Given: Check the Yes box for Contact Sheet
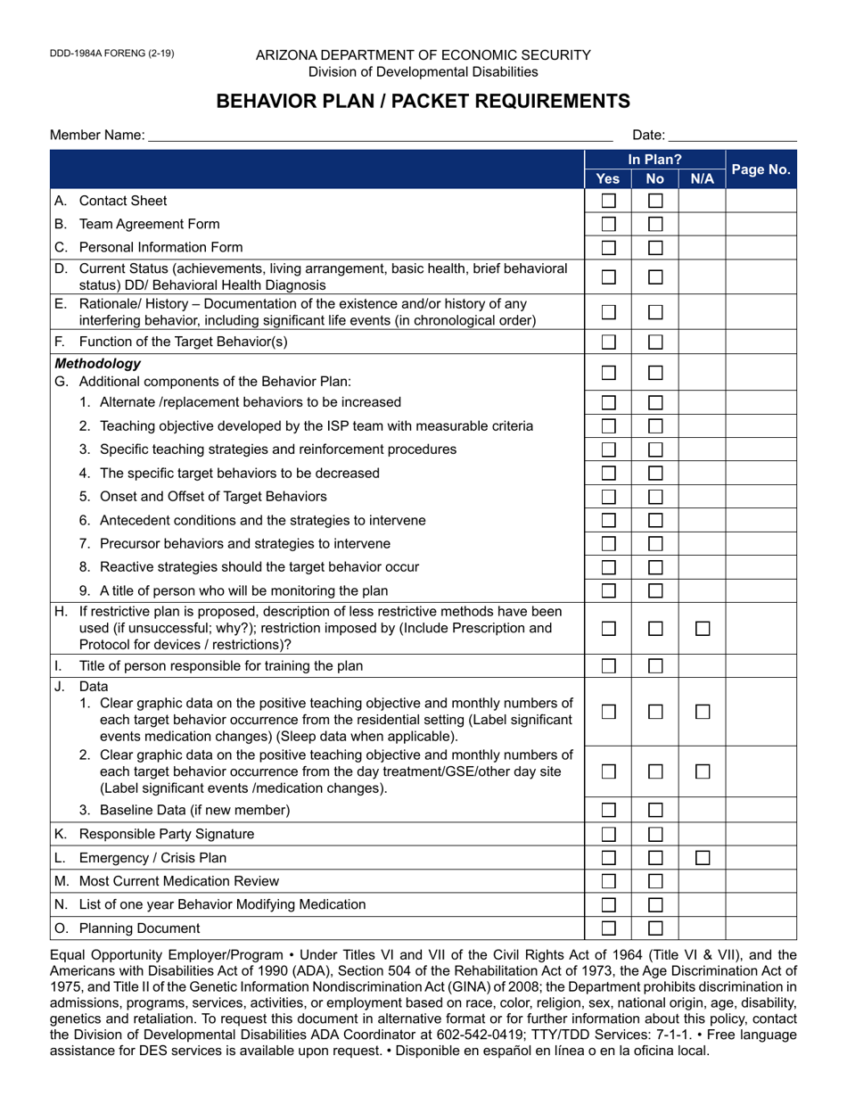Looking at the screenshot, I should coord(608,201).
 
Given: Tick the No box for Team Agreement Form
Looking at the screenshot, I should coord(655,224).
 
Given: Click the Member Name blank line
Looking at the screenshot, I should coord(380,136).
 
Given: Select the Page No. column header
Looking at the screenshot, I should coord(761,169).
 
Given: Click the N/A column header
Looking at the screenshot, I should coord(702,178).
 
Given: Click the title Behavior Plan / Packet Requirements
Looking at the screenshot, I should coord(423,101).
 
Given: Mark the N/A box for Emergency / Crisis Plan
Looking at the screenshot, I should coord(703,858).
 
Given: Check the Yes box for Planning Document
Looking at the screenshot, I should coord(608,928).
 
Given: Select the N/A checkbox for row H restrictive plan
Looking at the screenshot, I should coord(703,629).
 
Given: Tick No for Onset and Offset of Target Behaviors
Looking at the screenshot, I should coord(655,497).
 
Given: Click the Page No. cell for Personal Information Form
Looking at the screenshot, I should coord(761,247).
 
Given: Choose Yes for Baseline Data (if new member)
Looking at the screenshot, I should coord(608,811).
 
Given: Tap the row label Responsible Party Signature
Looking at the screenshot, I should coord(167,834).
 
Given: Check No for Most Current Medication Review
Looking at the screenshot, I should coord(655,881).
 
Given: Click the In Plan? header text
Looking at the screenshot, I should coord(654,160).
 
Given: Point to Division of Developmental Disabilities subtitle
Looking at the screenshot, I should coord(423,71).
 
